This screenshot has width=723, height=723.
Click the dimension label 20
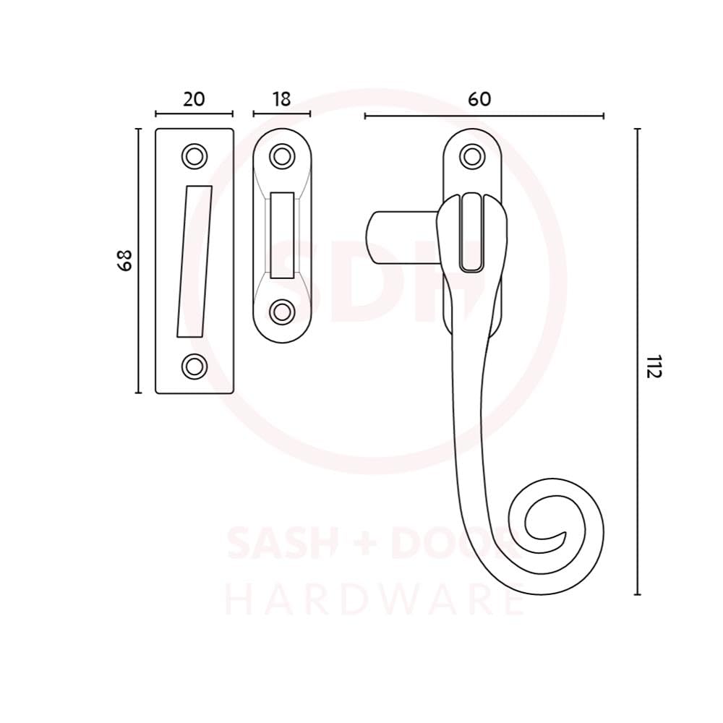coord(194,99)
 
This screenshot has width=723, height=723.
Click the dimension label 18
coord(282,99)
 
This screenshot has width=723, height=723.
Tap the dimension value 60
coord(479,99)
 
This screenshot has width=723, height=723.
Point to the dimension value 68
coord(124,260)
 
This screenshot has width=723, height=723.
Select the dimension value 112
coord(654,367)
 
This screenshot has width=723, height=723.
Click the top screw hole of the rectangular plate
coord(194,156)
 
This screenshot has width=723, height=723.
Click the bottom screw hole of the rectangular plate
coord(194,366)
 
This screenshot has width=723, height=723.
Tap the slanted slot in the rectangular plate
coord(194,262)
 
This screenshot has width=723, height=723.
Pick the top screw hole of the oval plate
coord(282,156)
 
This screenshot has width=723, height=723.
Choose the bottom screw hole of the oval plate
coord(282,312)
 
